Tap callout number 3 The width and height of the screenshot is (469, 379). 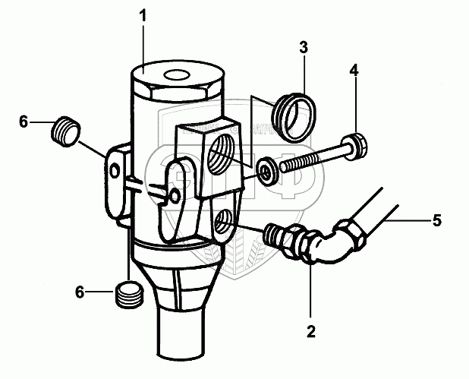303,48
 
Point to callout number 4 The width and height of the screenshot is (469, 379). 354,71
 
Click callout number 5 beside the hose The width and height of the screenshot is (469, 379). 436,222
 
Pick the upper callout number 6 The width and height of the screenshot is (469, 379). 24,121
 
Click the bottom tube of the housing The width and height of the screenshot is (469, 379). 183,334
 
